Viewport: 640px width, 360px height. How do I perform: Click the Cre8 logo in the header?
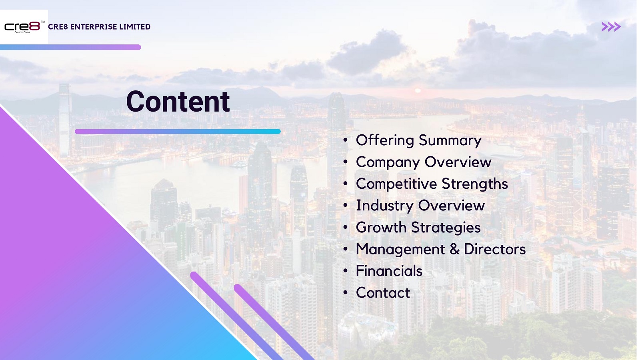point(24,27)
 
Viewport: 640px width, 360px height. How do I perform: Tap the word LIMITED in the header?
point(135,26)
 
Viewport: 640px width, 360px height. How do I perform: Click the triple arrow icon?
point(611,26)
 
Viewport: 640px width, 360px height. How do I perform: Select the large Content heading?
point(178,102)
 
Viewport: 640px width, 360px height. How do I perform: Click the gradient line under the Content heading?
point(178,132)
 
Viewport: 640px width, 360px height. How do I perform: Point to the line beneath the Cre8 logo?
point(70,47)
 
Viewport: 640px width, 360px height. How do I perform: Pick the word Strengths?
point(475,184)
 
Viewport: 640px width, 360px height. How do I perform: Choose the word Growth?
point(381,228)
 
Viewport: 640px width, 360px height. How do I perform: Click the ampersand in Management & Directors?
point(454,249)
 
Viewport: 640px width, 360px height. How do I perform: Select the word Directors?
point(495,249)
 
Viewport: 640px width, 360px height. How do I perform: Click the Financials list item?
point(389,271)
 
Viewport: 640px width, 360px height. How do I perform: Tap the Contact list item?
point(383,293)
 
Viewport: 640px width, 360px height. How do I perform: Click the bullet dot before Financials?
point(346,271)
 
